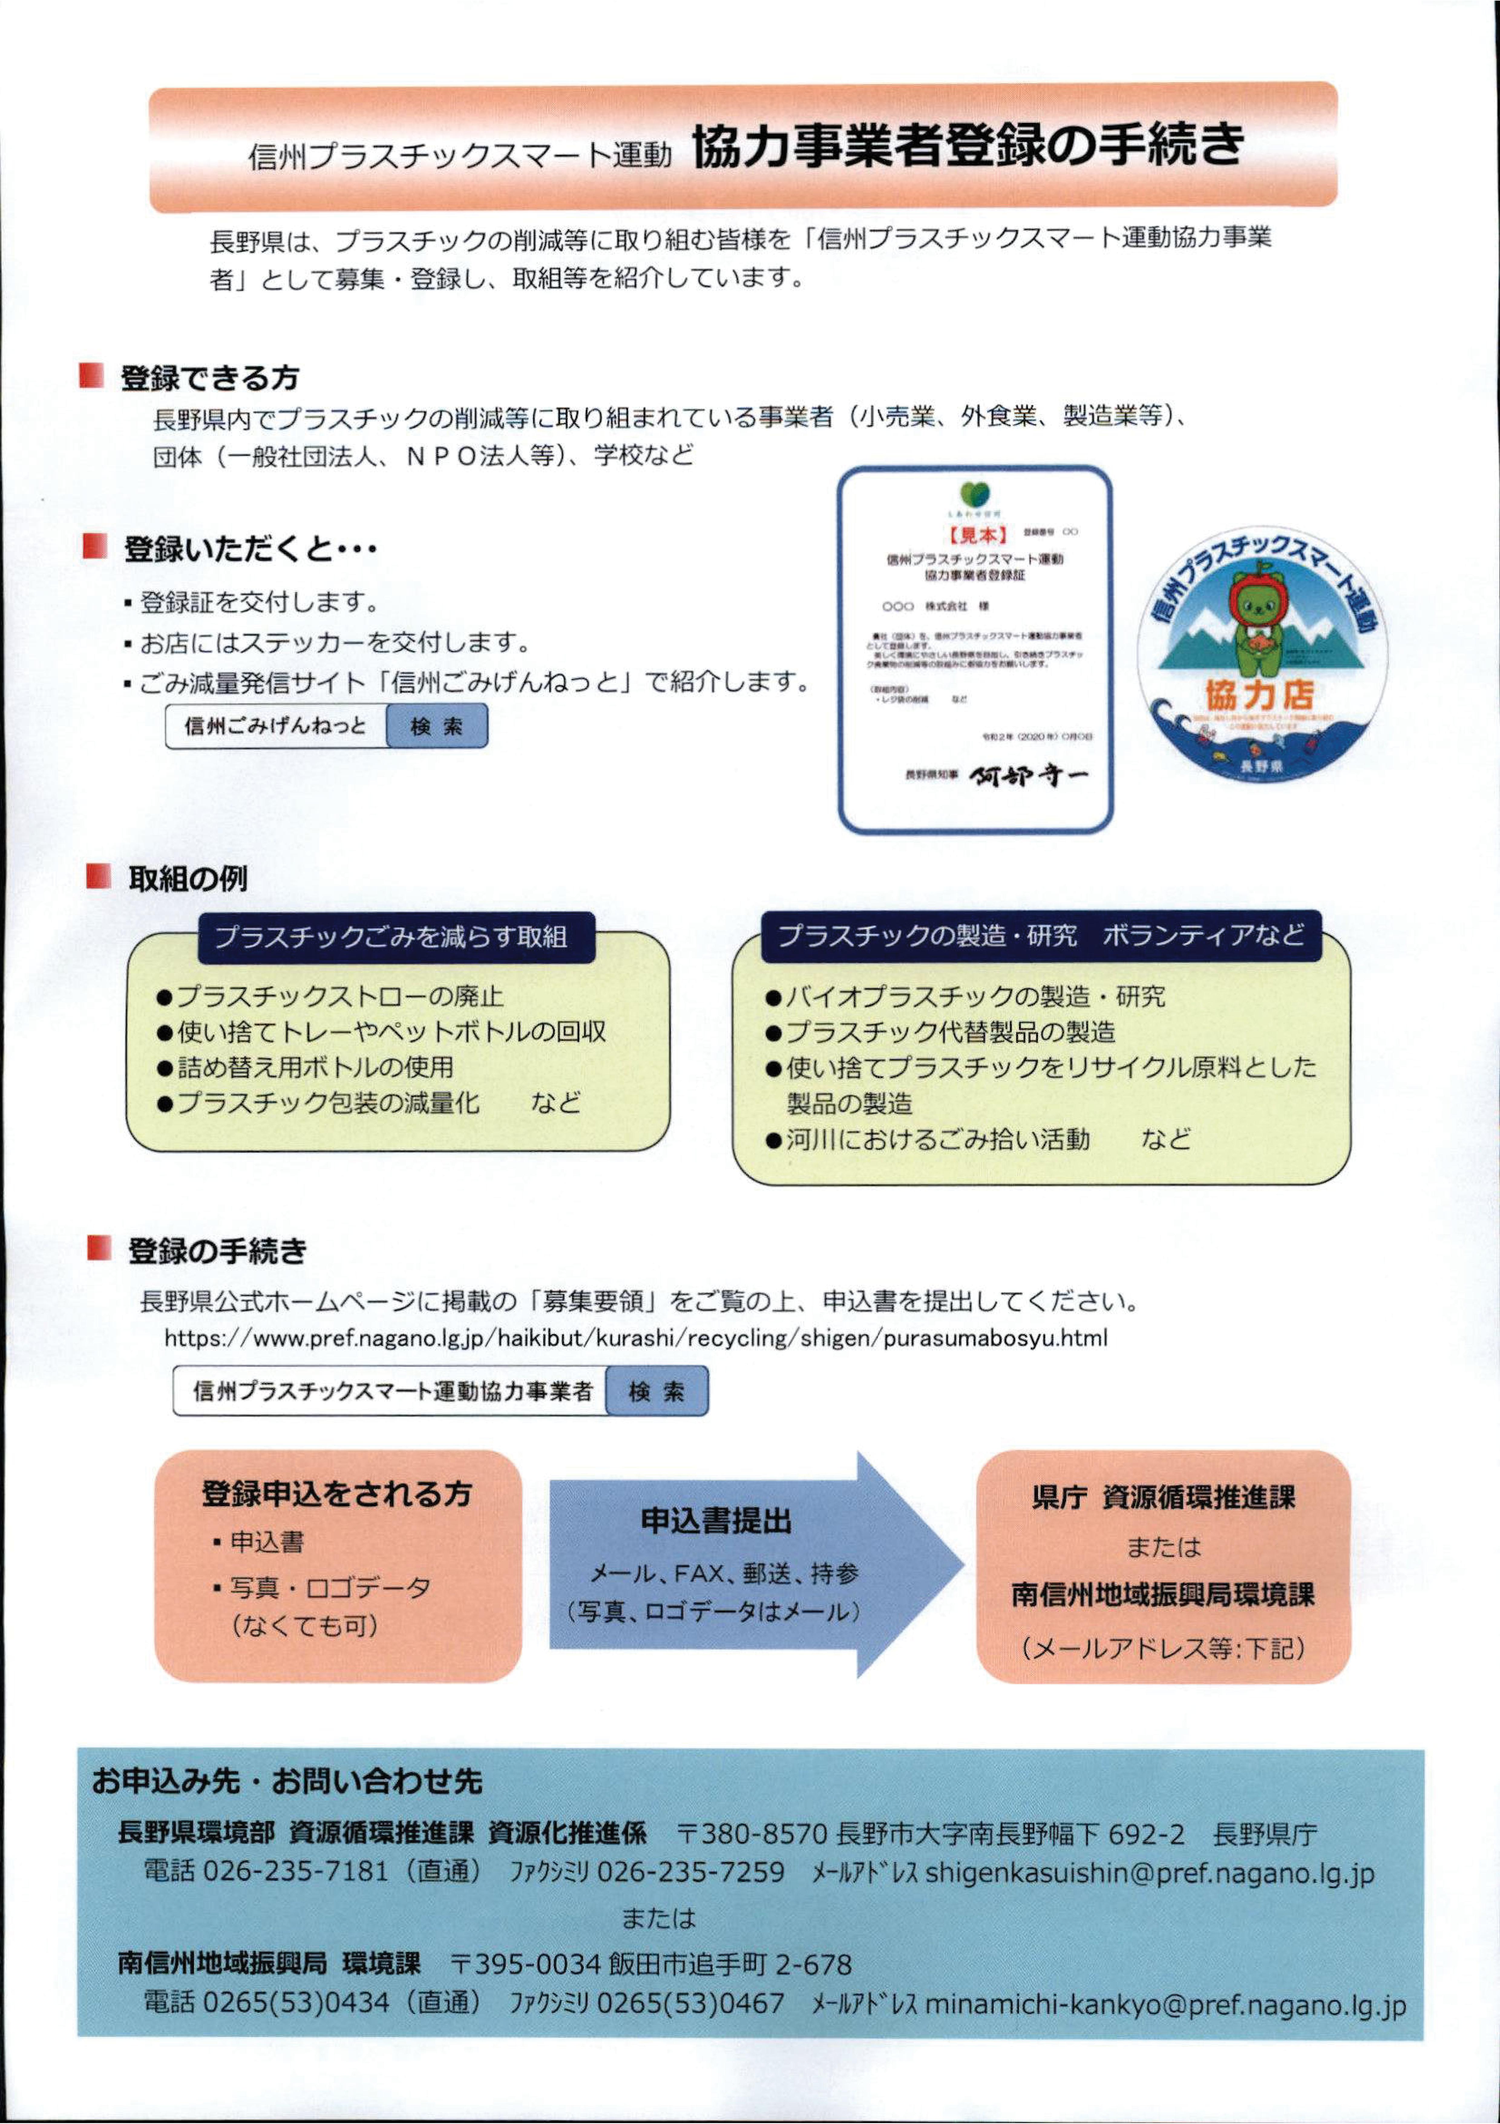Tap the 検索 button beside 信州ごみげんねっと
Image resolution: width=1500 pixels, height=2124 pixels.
437,726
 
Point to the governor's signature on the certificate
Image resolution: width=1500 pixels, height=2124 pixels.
1028,775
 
